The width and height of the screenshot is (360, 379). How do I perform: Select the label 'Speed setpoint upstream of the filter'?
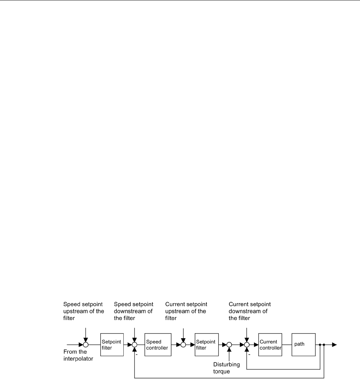[83, 311]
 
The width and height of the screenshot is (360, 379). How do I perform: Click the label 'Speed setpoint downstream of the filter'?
[133, 311]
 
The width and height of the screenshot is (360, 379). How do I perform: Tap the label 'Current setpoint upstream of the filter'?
[186, 311]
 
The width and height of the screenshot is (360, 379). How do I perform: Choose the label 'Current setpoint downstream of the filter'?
[250, 311]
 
